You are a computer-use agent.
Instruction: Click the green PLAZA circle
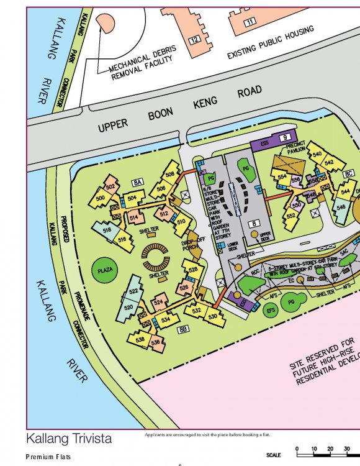click(x=106, y=270)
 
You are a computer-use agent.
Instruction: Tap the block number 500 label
click(x=100, y=199)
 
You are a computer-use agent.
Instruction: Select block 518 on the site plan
click(x=107, y=230)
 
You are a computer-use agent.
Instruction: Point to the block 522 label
click(x=133, y=291)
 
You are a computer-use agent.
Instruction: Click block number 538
click(x=140, y=340)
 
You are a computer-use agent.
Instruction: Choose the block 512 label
click(x=164, y=214)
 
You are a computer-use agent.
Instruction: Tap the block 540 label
click(x=317, y=154)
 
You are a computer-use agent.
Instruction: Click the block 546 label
click(x=341, y=207)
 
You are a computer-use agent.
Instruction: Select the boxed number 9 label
click(x=285, y=137)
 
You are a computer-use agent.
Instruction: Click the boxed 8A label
click(x=138, y=181)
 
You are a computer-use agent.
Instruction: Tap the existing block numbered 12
click(x=194, y=40)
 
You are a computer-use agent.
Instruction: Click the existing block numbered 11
click(x=250, y=22)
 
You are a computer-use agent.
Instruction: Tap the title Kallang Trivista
click(x=69, y=439)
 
